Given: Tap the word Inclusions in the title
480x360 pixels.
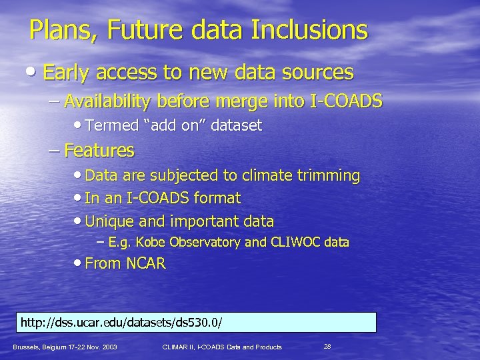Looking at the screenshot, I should click(x=313, y=30).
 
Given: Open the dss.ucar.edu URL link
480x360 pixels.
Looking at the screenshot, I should click(x=122, y=323).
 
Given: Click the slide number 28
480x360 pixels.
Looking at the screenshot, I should click(x=327, y=346).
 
